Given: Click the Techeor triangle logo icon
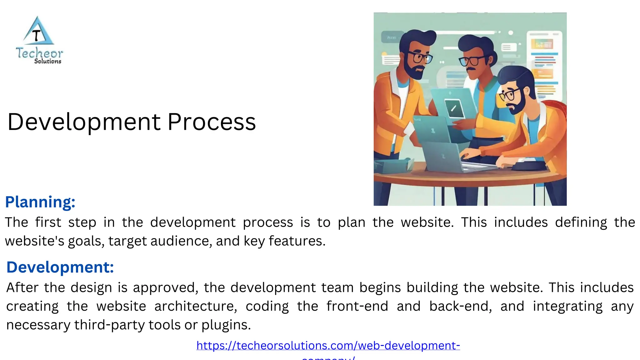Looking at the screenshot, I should pos(38,32).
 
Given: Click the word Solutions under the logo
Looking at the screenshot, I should pos(47,62).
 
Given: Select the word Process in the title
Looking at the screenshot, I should pos(212,122).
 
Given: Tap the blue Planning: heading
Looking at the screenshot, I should pos(40,202).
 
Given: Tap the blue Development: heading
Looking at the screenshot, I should pos(60,267).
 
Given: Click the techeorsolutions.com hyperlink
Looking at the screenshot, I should pos(328,346).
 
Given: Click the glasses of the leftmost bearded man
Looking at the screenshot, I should pos(420,57).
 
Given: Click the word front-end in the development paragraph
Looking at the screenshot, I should pos(357,306).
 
